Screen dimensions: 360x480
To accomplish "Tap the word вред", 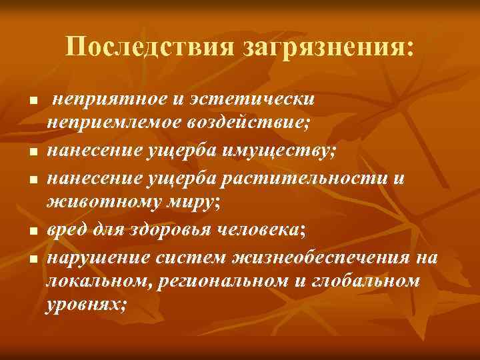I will point(65,230).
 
